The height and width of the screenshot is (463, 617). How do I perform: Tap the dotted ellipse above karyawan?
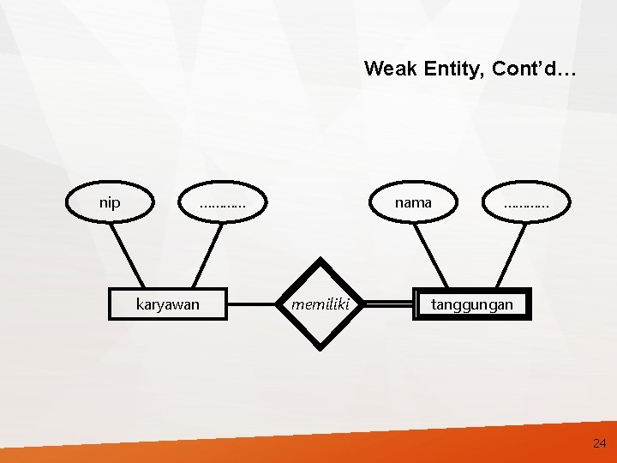(x=222, y=204)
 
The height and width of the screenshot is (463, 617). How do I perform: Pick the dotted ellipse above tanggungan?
(x=526, y=204)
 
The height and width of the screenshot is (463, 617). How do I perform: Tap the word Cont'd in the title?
(x=531, y=69)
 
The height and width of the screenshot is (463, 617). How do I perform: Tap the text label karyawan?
(x=168, y=304)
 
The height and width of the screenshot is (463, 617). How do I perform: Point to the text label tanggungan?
(x=472, y=304)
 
